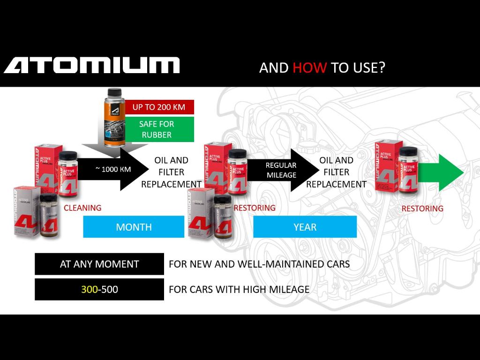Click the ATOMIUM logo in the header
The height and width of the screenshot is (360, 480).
point(92,65)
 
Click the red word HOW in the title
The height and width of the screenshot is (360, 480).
point(309,67)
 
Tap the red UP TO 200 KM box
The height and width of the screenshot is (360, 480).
point(158,107)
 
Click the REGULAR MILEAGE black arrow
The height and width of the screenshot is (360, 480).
point(281,170)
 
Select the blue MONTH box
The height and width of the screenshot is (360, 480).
point(134,227)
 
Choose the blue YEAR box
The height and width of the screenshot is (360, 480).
point(305,227)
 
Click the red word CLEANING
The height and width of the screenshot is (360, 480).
point(82,208)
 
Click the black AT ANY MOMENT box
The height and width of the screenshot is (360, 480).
point(99,264)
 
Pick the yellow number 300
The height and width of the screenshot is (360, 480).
point(89,289)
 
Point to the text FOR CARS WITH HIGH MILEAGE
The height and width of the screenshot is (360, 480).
point(239,289)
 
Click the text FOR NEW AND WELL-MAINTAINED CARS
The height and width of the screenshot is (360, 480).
point(259,264)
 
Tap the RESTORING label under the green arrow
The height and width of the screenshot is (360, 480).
point(422,209)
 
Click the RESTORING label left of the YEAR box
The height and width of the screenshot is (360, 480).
point(255,208)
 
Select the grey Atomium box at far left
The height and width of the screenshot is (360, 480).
point(26,211)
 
